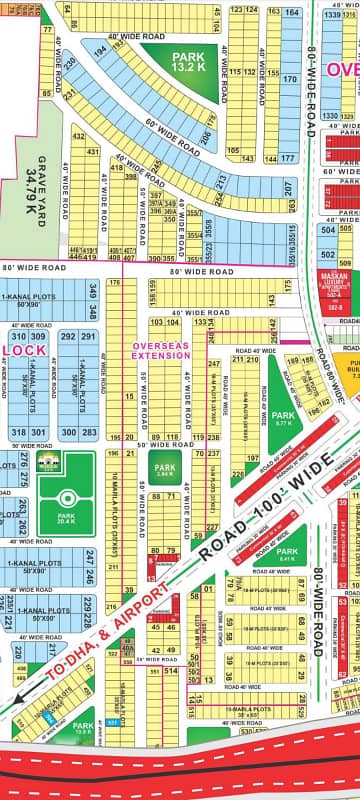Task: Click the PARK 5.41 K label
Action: pos(286,555)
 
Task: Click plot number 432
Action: pos(93,152)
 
